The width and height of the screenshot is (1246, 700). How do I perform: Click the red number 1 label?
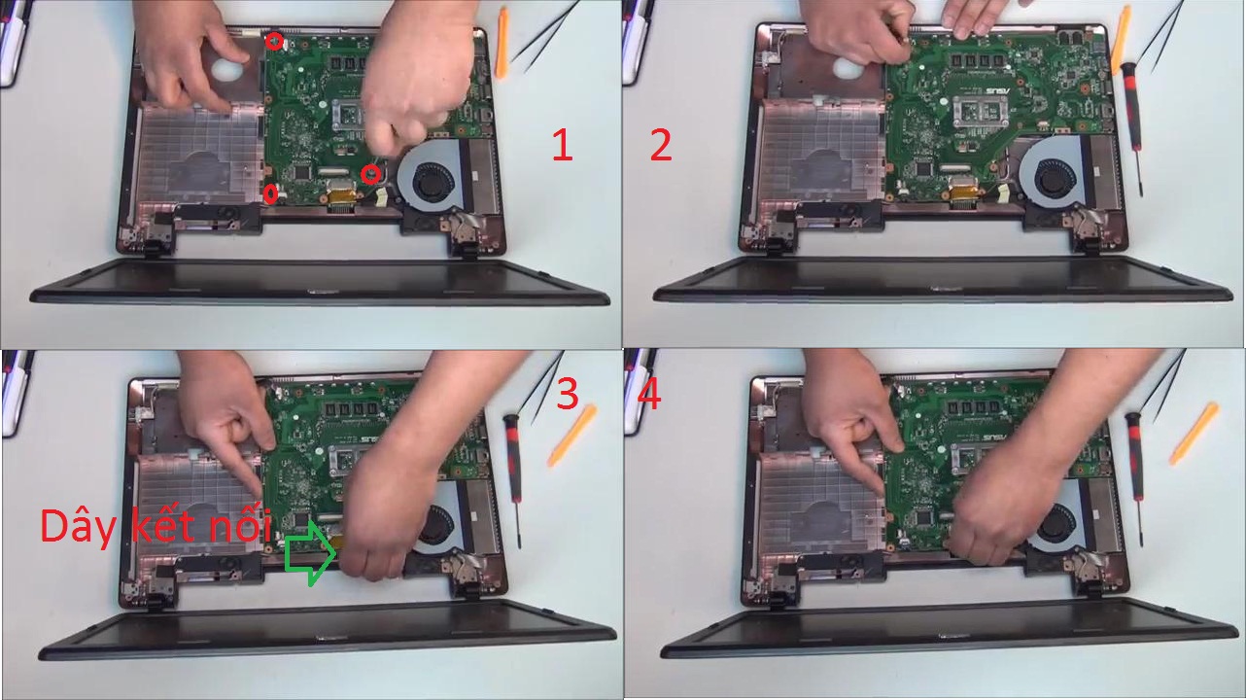tap(563, 145)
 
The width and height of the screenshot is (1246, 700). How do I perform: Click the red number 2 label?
tap(661, 145)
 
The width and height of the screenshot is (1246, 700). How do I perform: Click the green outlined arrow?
tap(311, 553)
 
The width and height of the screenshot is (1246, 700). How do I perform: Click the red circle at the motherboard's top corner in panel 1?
tap(274, 41)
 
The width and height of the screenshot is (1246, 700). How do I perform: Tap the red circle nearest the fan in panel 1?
tap(370, 174)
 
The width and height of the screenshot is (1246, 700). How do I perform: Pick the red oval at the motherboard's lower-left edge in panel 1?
tap(271, 193)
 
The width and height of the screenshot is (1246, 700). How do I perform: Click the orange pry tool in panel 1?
tap(502, 42)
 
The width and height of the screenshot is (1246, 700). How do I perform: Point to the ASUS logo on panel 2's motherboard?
tap(998, 90)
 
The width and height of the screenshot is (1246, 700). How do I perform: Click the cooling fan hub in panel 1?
tap(433, 182)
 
